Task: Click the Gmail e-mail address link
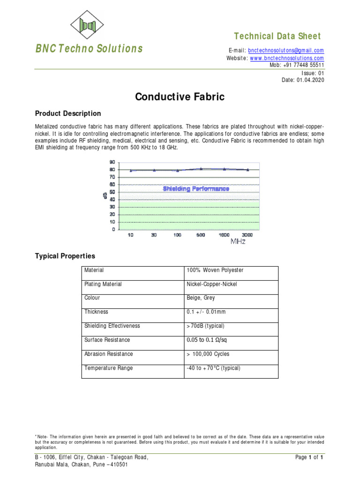(x=286, y=51)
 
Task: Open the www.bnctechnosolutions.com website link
(x=287, y=58)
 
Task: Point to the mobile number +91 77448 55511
(x=303, y=65)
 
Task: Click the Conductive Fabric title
(x=180, y=97)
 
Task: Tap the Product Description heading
(x=68, y=113)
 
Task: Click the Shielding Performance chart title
(x=196, y=189)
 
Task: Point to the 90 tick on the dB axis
(x=112, y=161)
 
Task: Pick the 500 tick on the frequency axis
(x=201, y=235)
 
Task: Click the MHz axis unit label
(x=238, y=242)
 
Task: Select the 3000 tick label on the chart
(x=247, y=235)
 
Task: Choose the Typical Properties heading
(x=65, y=256)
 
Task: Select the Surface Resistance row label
(x=107, y=340)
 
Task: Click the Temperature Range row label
(x=108, y=368)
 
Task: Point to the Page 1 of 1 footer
(x=310, y=457)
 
